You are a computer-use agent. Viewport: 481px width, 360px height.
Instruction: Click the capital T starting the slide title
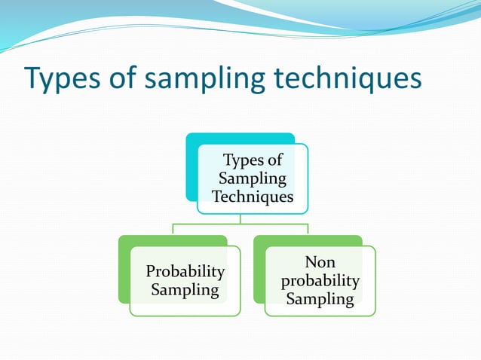(x=32, y=79)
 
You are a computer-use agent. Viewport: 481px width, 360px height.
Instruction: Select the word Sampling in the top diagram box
(x=253, y=178)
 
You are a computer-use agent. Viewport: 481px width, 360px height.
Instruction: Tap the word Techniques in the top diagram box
(x=253, y=197)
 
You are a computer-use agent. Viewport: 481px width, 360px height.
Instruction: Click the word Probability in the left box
(x=185, y=271)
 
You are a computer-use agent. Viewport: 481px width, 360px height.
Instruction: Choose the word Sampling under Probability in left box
(x=185, y=290)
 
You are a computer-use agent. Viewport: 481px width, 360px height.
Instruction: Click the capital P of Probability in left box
(x=151, y=271)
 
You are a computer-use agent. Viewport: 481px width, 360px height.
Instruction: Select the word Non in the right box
(x=320, y=263)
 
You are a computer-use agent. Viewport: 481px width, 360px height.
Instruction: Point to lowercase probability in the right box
(x=320, y=281)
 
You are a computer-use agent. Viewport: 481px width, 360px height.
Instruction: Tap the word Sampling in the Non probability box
(x=320, y=299)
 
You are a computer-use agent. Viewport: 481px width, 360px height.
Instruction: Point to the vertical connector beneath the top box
(x=240, y=218)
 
